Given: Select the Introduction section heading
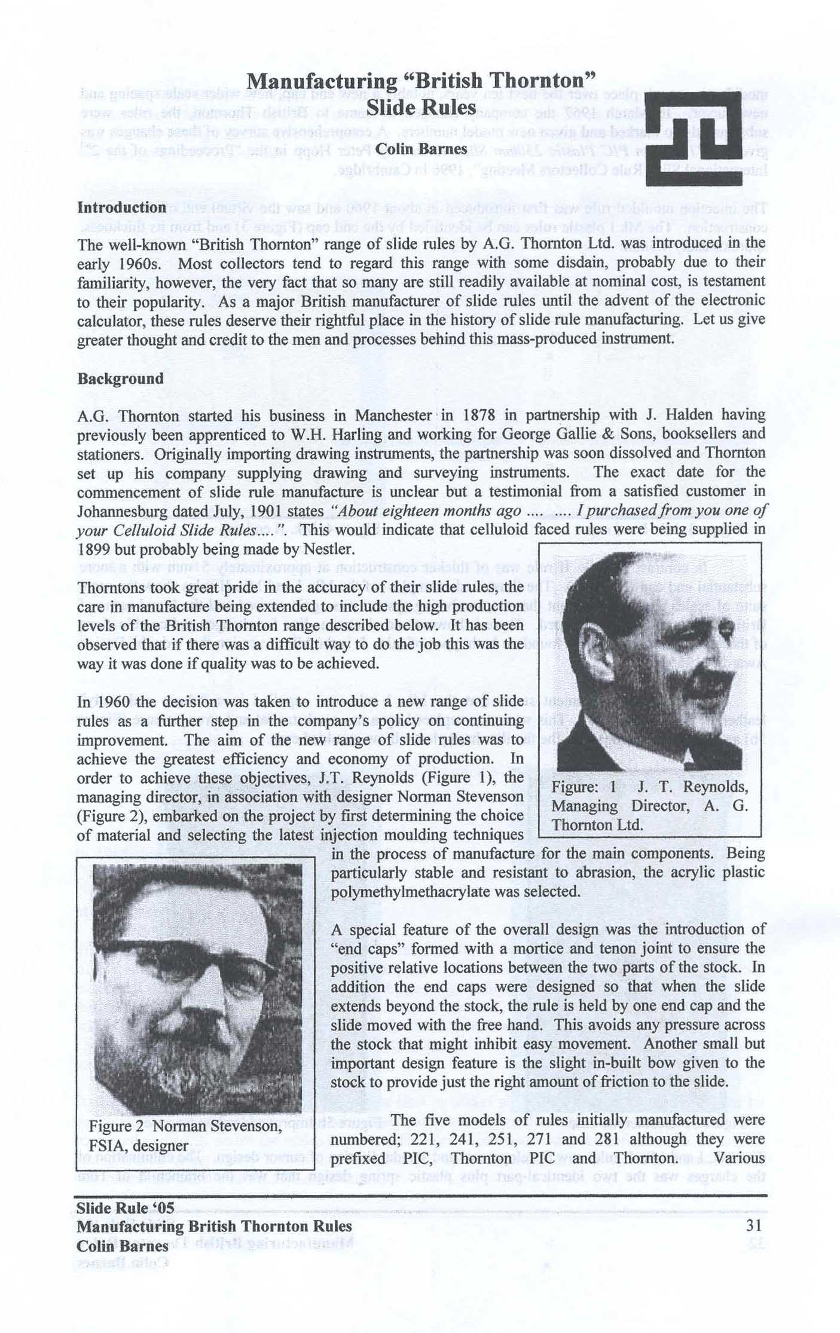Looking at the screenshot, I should [122, 208].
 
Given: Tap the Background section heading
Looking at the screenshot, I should [120, 379].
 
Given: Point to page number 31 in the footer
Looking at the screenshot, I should [755, 1225].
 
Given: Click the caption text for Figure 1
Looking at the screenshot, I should [649, 806].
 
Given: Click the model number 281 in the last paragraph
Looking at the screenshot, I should [609, 1139].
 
